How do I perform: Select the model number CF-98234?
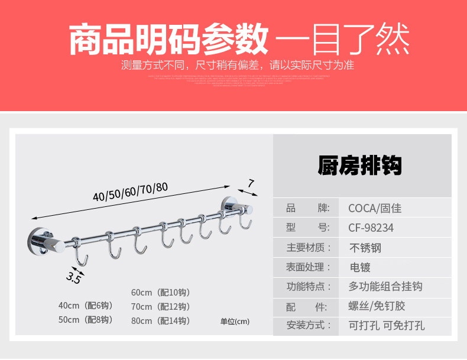(371, 228)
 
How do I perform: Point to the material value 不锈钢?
(365, 248)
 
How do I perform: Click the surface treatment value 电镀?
(359, 267)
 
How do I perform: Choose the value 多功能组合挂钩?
(385, 287)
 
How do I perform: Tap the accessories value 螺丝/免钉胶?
(376, 306)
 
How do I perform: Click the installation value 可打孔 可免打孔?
(386, 326)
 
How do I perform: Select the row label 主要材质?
(309, 248)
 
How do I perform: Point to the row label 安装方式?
(309, 326)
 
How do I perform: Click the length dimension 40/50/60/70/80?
(130, 192)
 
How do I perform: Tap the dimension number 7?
(251, 184)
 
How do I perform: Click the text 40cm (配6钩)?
(85, 306)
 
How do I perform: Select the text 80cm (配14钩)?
(160, 321)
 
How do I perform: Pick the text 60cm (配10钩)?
(160, 293)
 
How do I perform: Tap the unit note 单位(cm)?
(235, 322)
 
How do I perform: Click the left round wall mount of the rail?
(37, 241)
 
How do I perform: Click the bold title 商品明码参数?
(168, 40)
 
